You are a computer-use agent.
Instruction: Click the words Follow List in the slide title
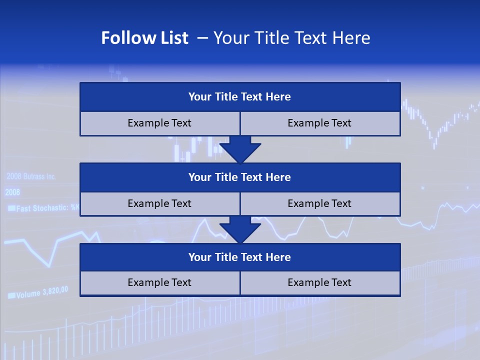pyautogui.click(x=144, y=38)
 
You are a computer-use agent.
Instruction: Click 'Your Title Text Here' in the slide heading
pyautogui.click(x=292, y=38)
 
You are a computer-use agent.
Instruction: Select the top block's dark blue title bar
pyautogui.click(x=240, y=97)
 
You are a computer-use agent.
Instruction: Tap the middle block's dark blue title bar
pyautogui.click(x=240, y=177)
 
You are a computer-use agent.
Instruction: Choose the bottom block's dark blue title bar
pyautogui.click(x=240, y=257)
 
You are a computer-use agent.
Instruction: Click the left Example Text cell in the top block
pyautogui.click(x=159, y=123)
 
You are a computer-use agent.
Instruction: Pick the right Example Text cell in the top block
pyautogui.click(x=320, y=123)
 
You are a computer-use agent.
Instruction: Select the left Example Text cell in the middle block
pyautogui.click(x=159, y=203)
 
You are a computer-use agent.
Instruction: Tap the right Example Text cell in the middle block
pyautogui.click(x=320, y=203)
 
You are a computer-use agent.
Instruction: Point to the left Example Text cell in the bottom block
pyautogui.click(x=159, y=282)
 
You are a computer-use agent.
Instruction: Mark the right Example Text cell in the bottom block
pyautogui.click(x=320, y=282)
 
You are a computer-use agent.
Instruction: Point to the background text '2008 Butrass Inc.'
pyautogui.click(x=31, y=176)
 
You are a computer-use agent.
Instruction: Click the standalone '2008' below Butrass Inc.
pyautogui.click(x=12, y=192)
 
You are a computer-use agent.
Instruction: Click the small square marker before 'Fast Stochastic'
pyautogui.click(x=11, y=208)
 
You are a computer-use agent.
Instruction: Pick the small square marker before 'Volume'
pyautogui.click(x=11, y=295)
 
